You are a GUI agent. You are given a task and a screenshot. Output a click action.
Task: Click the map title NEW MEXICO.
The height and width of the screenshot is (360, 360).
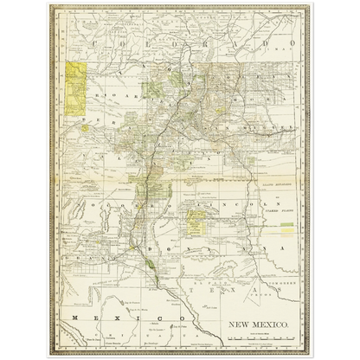click(x=259, y=326)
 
